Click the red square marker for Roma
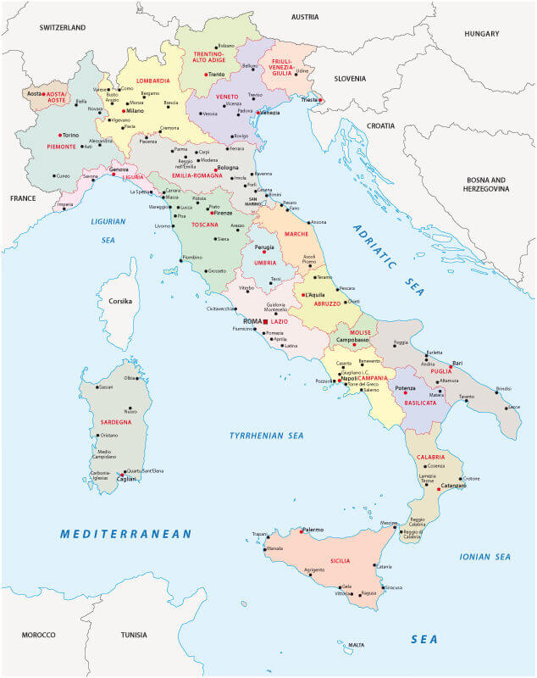[265, 323]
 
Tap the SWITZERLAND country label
[63, 28]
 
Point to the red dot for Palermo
[302, 531]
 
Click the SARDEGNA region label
[114, 421]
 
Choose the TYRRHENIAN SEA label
[266, 436]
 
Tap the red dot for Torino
[60, 135]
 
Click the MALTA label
[357, 645]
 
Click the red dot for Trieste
[321, 100]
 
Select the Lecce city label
[513, 408]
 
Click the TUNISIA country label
[134, 635]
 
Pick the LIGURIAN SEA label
[108, 231]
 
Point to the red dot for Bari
[451, 368]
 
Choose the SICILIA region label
[340, 561]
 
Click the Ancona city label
[318, 222]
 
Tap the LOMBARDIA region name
[153, 81]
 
